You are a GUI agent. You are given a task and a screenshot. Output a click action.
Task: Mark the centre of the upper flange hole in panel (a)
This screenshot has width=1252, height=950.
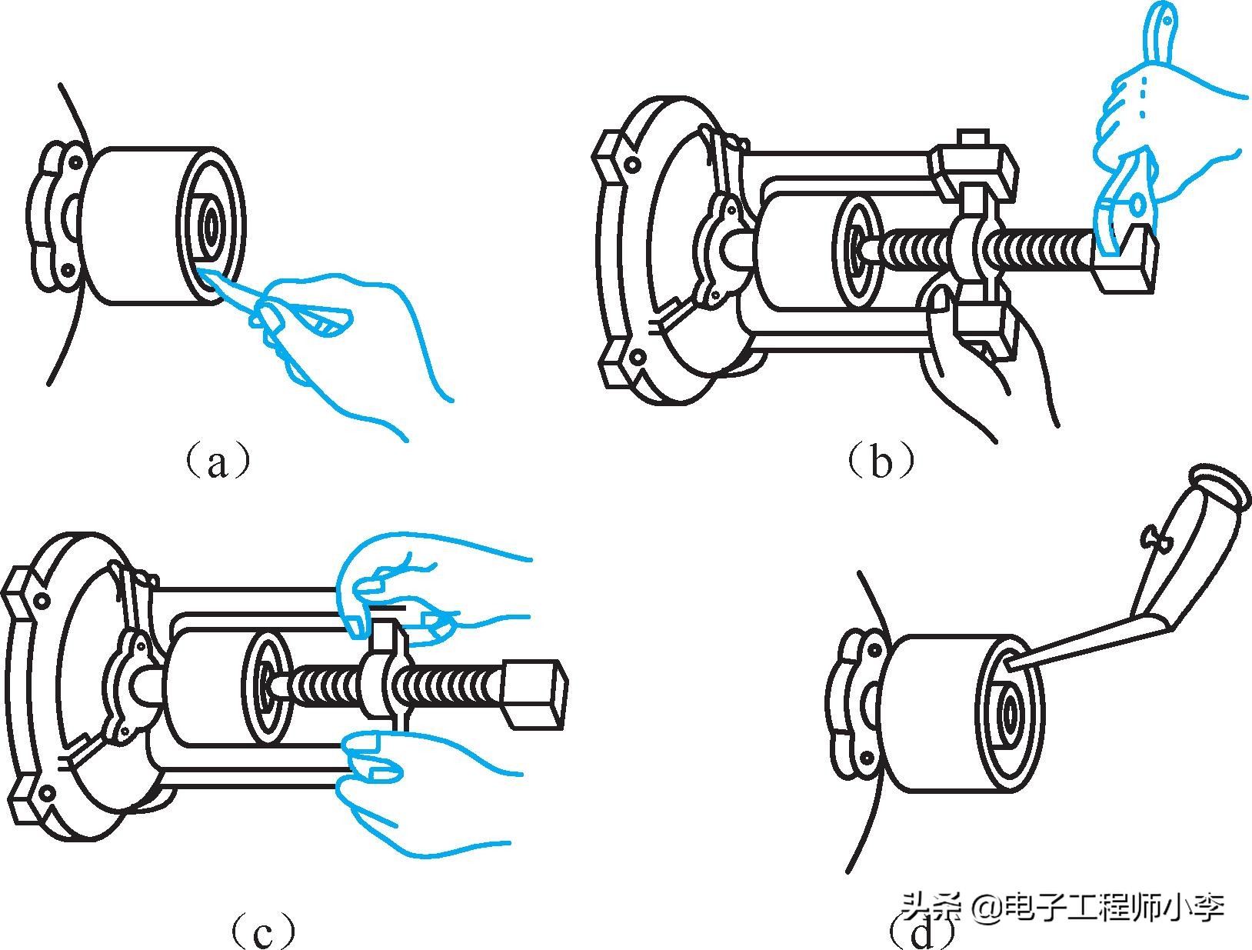point(75,162)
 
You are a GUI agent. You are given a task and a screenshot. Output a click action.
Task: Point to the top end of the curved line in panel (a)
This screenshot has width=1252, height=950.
point(60,85)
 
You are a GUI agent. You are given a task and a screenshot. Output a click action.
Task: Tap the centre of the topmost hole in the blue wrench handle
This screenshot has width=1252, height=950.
point(1167,22)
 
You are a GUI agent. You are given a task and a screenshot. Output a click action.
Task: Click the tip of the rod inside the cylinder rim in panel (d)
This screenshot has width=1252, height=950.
point(1007,664)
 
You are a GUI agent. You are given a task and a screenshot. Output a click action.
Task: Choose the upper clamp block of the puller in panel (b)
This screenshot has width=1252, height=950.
point(973,171)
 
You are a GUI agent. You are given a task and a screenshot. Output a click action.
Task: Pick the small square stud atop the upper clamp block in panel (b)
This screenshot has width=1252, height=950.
point(973,138)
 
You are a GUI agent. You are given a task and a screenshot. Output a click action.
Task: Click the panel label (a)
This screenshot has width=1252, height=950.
point(218,463)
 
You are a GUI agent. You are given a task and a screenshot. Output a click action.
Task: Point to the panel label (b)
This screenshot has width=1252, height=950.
point(881,460)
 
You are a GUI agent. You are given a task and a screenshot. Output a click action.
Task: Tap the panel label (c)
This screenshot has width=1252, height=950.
point(263,929)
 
